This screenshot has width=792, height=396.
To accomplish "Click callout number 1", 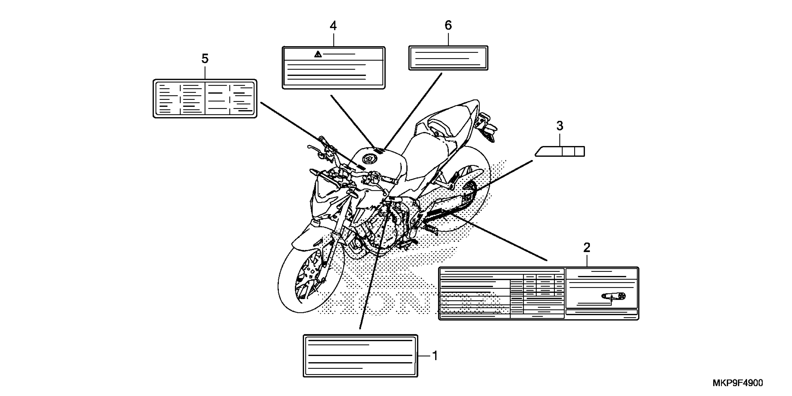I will click(x=435, y=356).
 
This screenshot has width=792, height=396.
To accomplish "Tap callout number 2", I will click(x=587, y=247).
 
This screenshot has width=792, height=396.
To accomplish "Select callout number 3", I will click(x=560, y=126).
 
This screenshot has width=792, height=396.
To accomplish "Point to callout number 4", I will click(x=333, y=26).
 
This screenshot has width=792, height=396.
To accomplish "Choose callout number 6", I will click(x=448, y=25).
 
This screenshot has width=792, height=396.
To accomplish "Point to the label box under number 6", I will click(x=448, y=58).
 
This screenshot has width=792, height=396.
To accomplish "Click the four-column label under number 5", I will click(x=205, y=98).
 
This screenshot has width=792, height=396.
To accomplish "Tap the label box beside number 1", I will click(x=360, y=356).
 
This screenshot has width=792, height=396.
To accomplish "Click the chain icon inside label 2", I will click(x=614, y=296).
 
